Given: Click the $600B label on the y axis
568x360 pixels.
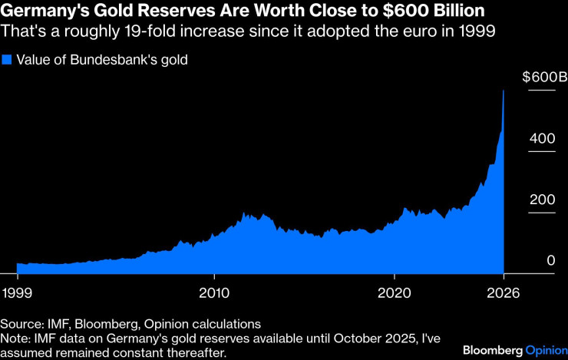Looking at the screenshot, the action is point(545,77).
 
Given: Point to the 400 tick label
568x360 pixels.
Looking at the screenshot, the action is point(542,138).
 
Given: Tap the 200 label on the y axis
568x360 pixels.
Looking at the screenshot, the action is point(542,200).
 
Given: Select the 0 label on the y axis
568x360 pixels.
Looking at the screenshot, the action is point(550,260).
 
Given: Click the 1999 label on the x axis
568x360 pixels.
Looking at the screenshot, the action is point(17,292).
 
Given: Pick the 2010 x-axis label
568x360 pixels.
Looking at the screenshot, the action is point(214,292).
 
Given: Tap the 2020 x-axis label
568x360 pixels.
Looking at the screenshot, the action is point(394,292).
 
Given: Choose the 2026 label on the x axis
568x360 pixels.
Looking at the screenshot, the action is point(504,292).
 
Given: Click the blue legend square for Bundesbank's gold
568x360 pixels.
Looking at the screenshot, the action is point(7,60).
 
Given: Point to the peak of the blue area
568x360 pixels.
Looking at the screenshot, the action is point(504,90).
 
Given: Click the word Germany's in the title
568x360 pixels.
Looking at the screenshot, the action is point(44,11).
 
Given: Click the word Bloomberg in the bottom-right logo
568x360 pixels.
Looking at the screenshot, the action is point(493,350).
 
